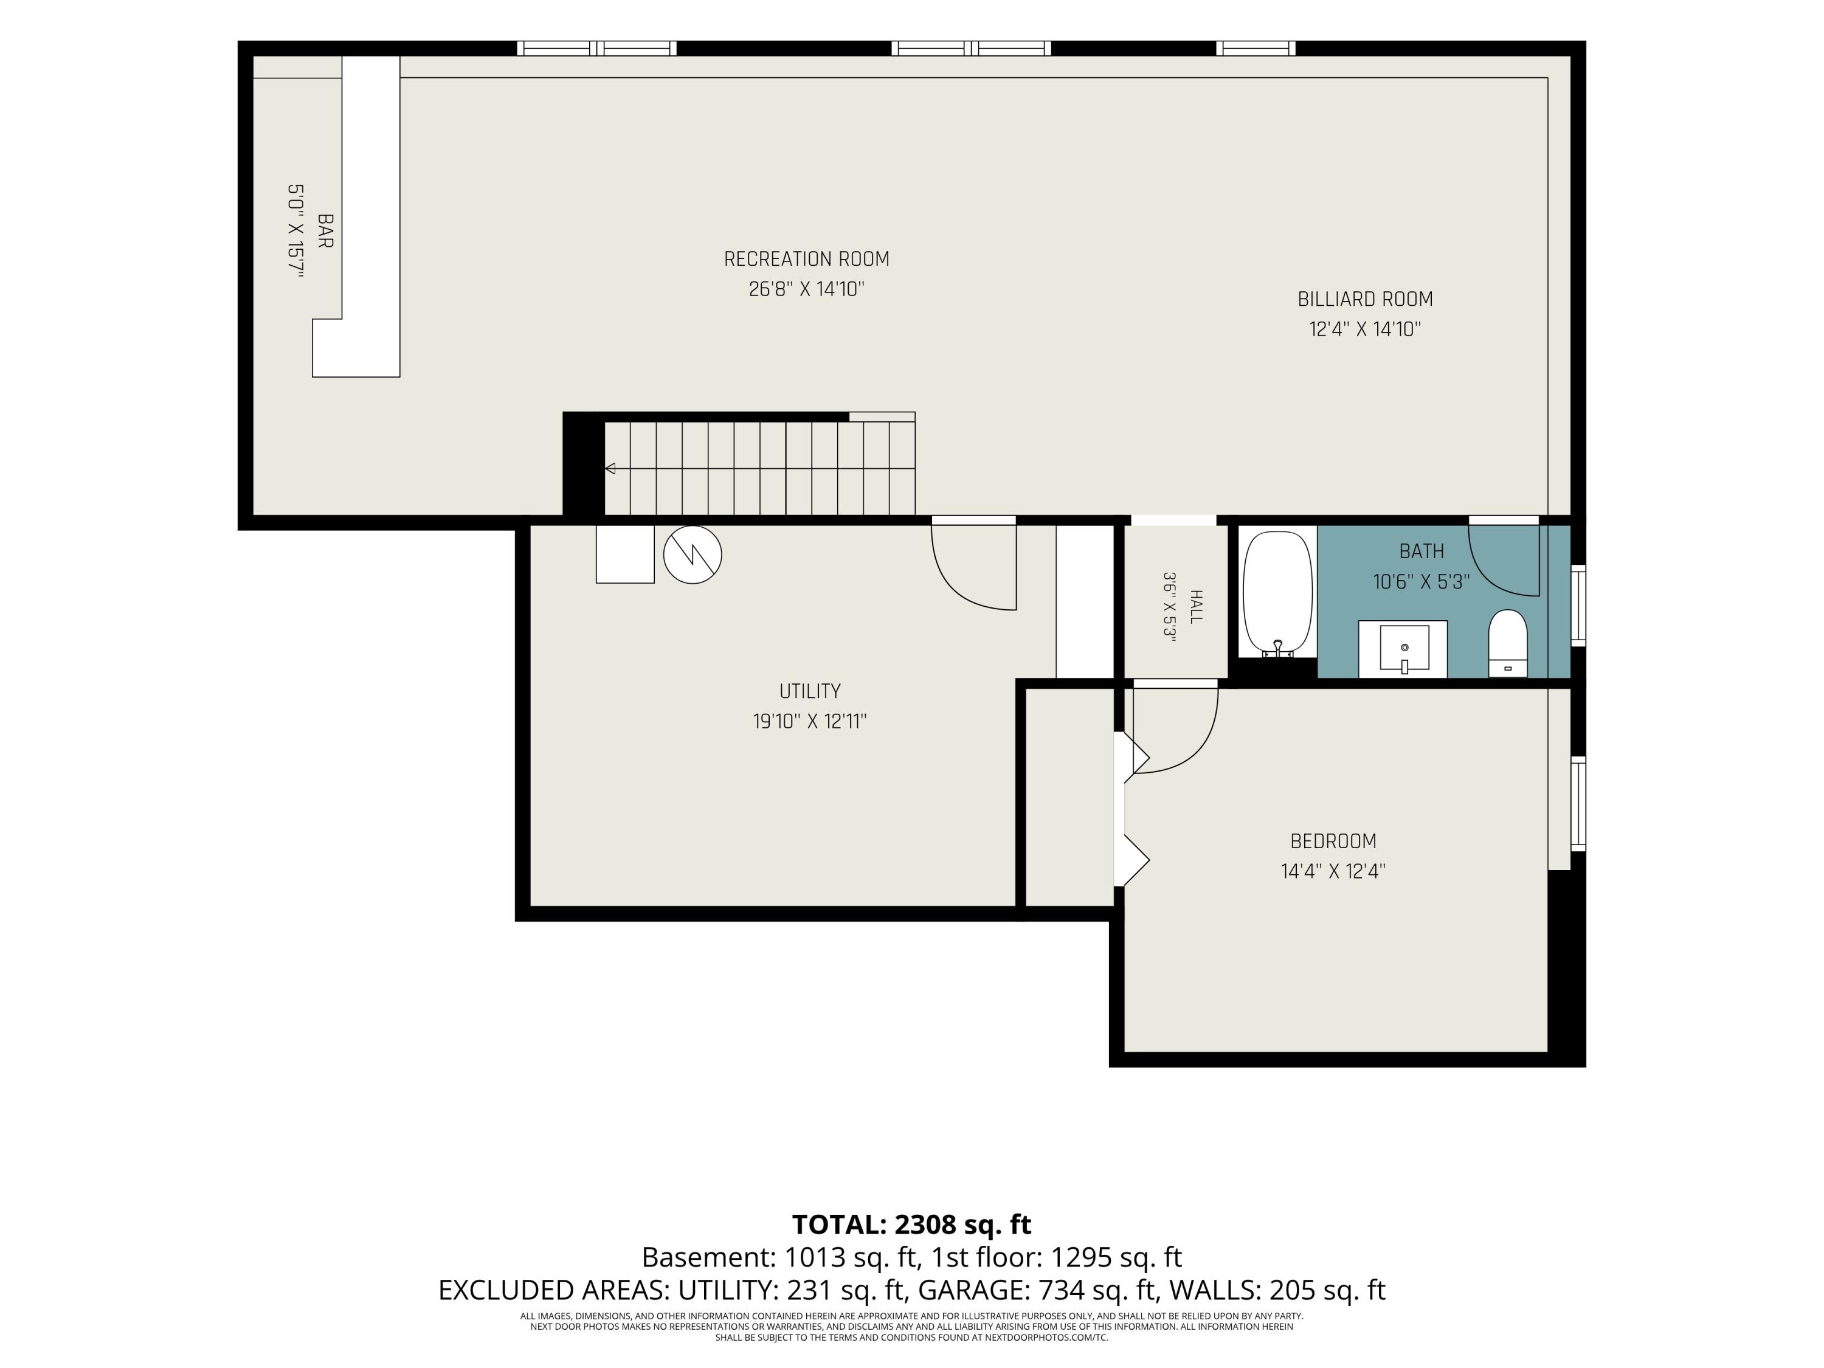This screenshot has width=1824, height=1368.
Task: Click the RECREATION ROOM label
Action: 806,259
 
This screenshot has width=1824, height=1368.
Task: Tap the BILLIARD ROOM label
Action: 1365,299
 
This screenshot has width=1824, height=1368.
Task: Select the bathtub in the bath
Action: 1277,593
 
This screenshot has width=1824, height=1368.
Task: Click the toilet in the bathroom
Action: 1507,643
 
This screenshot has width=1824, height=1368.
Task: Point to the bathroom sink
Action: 1403,649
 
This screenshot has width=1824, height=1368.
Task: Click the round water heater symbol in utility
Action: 693,555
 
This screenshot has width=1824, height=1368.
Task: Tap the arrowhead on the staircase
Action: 610,468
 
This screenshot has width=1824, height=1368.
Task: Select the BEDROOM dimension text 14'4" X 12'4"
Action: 1333,871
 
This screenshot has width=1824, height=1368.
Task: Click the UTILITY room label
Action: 810,691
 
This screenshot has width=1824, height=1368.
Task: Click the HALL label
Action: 1197,606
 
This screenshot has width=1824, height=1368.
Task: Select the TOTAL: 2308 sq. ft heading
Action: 911,1225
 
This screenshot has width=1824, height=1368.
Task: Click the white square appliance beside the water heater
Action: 625,554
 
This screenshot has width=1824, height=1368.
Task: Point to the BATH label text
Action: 1422,551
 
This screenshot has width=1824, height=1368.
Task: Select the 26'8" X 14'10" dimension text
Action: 806,289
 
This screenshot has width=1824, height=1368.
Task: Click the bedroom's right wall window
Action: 1577,803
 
